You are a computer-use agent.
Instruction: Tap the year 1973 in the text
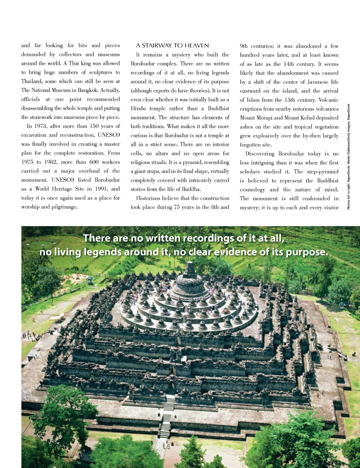pyautogui.click(x=40, y=126)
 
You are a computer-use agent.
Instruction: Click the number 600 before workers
pyautogui.click(x=94, y=162)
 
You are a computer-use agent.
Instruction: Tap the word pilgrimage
pyautogui.click(x=64, y=207)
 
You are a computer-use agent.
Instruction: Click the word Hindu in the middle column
pyautogui.click(x=138, y=108)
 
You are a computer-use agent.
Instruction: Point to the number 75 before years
pyautogui.click(x=177, y=207)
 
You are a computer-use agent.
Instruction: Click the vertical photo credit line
pyautogui.click(x=348, y=157)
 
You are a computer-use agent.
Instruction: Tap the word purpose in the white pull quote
pyautogui.click(x=306, y=252)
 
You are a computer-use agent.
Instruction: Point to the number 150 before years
pyautogui.click(x=94, y=126)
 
